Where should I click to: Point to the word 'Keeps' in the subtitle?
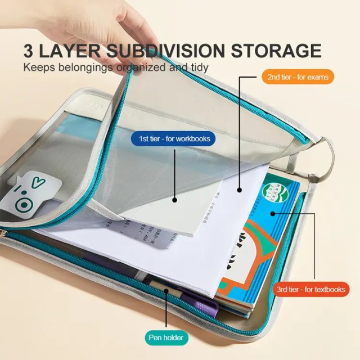pos(37,67)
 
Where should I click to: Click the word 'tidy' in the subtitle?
pos(199,67)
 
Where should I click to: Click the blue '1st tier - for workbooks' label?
pos(165,137)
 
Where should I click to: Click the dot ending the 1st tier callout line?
pos(175,199)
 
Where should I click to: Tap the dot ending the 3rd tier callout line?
pos(273,213)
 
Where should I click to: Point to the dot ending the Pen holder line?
pos(166,291)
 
